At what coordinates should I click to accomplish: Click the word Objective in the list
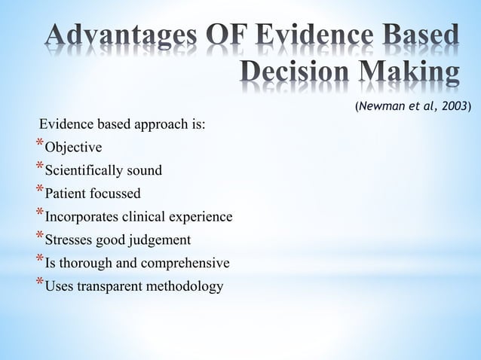[x=74, y=147]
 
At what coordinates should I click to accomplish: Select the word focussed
[x=114, y=194]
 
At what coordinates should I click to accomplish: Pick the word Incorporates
[x=80, y=218]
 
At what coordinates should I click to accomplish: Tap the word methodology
[x=189, y=287]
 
